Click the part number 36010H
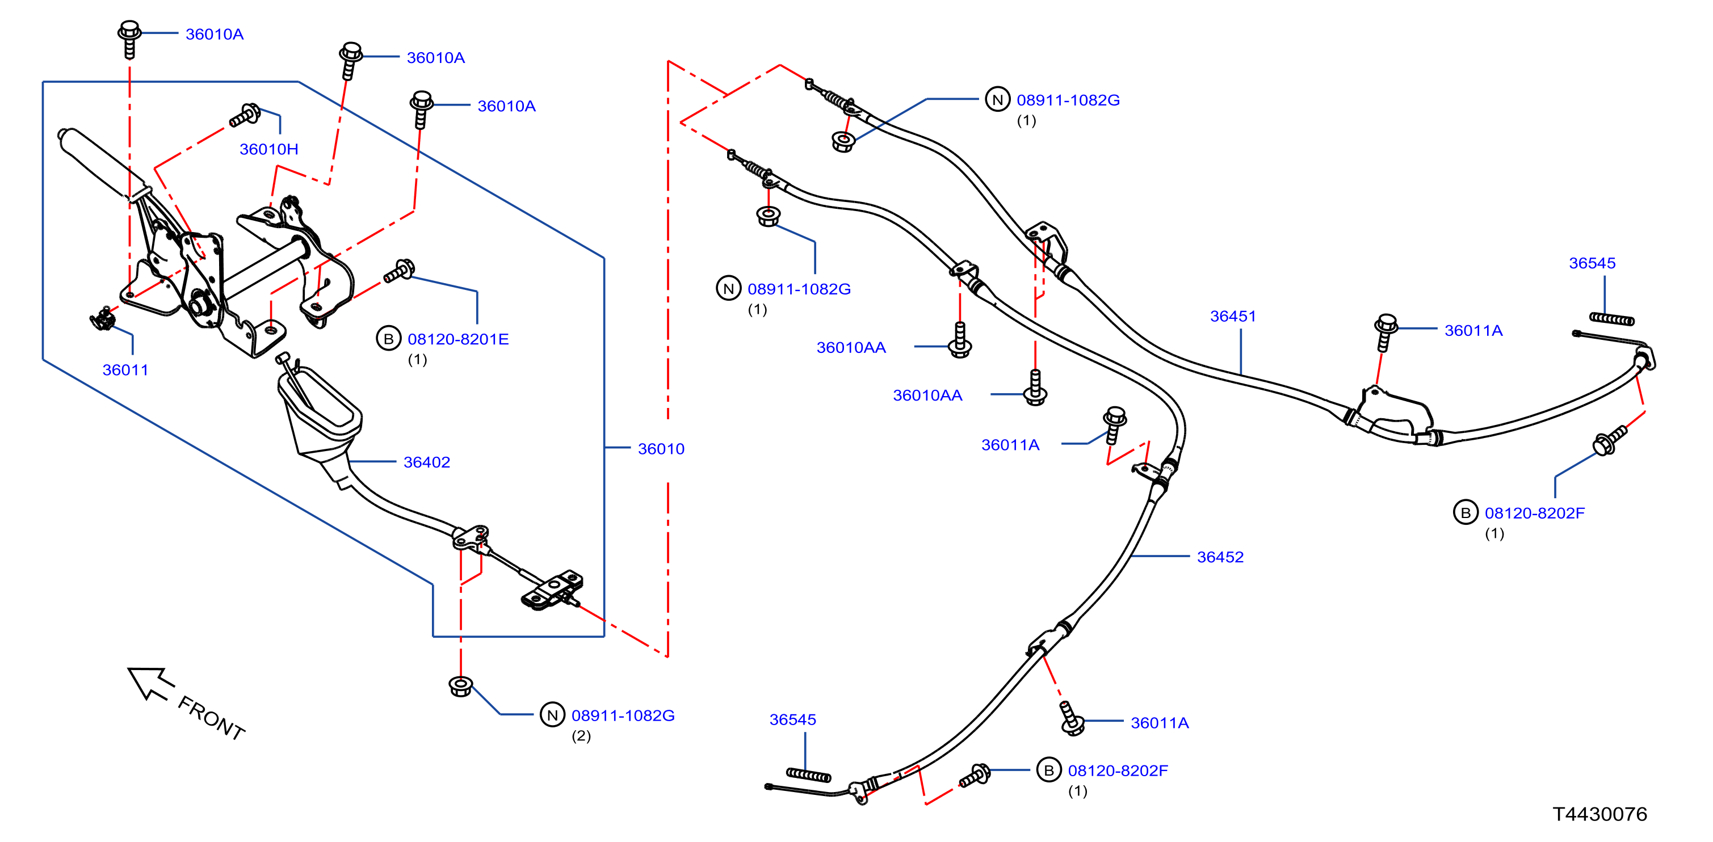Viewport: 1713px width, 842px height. pyautogui.click(x=268, y=149)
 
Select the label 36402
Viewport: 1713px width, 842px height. pyautogui.click(x=427, y=462)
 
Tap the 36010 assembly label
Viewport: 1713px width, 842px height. pyautogui.click(x=661, y=449)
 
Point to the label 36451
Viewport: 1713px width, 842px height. pyautogui.click(x=1233, y=317)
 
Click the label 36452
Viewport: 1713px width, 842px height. pyautogui.click(x=1220, y=557)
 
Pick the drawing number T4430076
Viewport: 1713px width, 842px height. pyautogui.click(x=1600, y=814)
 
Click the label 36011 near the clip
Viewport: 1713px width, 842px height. pyautogui.click(x=125, y=370)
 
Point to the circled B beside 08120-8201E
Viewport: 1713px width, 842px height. pyautogui.click(x=388, y=339)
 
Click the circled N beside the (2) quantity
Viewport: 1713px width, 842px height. pyautogui.click(x=552, y=715)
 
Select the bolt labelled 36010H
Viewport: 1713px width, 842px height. pyautogui.click(x=245, y=116)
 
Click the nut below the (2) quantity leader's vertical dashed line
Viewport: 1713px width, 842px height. pyautogui.click(x=461, y=687)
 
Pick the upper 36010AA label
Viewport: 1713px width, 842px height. pyautogui.click(x=851, y=348)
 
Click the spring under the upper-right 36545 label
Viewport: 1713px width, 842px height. pyautogui.click(x=1612, y=319)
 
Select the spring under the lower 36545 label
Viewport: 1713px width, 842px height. pyautogui.click(x=809, y=775)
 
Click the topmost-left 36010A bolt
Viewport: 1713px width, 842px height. pyautogui.click(x=129, y=39)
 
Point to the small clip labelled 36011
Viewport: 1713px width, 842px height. pyautogui.click(x=103, y=319)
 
